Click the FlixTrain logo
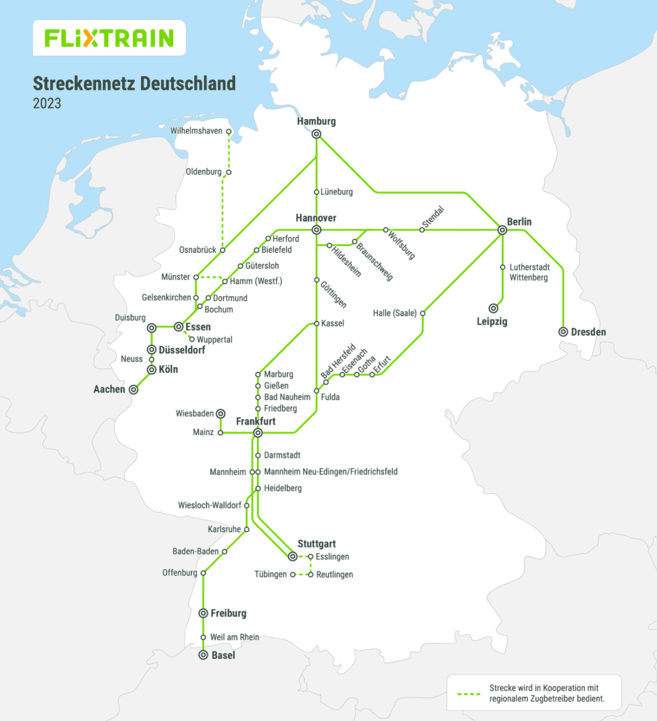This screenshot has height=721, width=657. tap(109, 38)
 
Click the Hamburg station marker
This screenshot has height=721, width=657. tap(316, 134)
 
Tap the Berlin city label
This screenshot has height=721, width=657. tap(519, 222)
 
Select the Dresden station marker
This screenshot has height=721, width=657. tap(563, 332)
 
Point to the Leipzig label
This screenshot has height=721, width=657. tap(492, 322)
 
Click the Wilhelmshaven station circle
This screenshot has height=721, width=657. tap(229, 132)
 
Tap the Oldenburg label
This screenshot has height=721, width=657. tap(203, 172)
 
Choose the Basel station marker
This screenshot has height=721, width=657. tap(204, 655)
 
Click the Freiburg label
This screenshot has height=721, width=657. tap(228, 613)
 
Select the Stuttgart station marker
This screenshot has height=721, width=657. tap(293, 556)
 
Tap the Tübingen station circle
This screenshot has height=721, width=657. tap(293, 574)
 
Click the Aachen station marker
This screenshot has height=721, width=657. tap(134, 390)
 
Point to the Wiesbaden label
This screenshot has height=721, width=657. tap(194, 413)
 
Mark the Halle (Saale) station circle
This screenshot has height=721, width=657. tap(423, 313)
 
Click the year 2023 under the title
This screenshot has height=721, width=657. tap(47, 103)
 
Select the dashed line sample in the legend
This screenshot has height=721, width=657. tap(469, 694)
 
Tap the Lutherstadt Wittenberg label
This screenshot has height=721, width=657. tap(529, 272)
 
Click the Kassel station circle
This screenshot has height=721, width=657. tap(316, 323)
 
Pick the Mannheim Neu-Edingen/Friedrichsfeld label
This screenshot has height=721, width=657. tap(330, 472)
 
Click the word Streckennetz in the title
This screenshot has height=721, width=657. tap(84, 83)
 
